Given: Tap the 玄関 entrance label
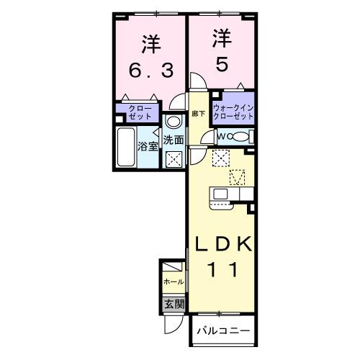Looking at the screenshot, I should click(174, 305).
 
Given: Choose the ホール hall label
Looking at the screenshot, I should click(174, 282).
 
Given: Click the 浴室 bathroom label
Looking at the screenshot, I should click(148, 145).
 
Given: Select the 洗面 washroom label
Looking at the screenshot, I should click(173, 140).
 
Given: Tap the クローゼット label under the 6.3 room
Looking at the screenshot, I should click(140, 112).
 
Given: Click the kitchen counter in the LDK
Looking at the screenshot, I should click(230, 194).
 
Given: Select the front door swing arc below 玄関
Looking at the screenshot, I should click(173, 325).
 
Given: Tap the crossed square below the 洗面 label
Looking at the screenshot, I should click(174, 158).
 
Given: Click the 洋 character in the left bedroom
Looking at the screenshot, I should click(150, 43).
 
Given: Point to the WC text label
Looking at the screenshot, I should click(222, 136).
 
